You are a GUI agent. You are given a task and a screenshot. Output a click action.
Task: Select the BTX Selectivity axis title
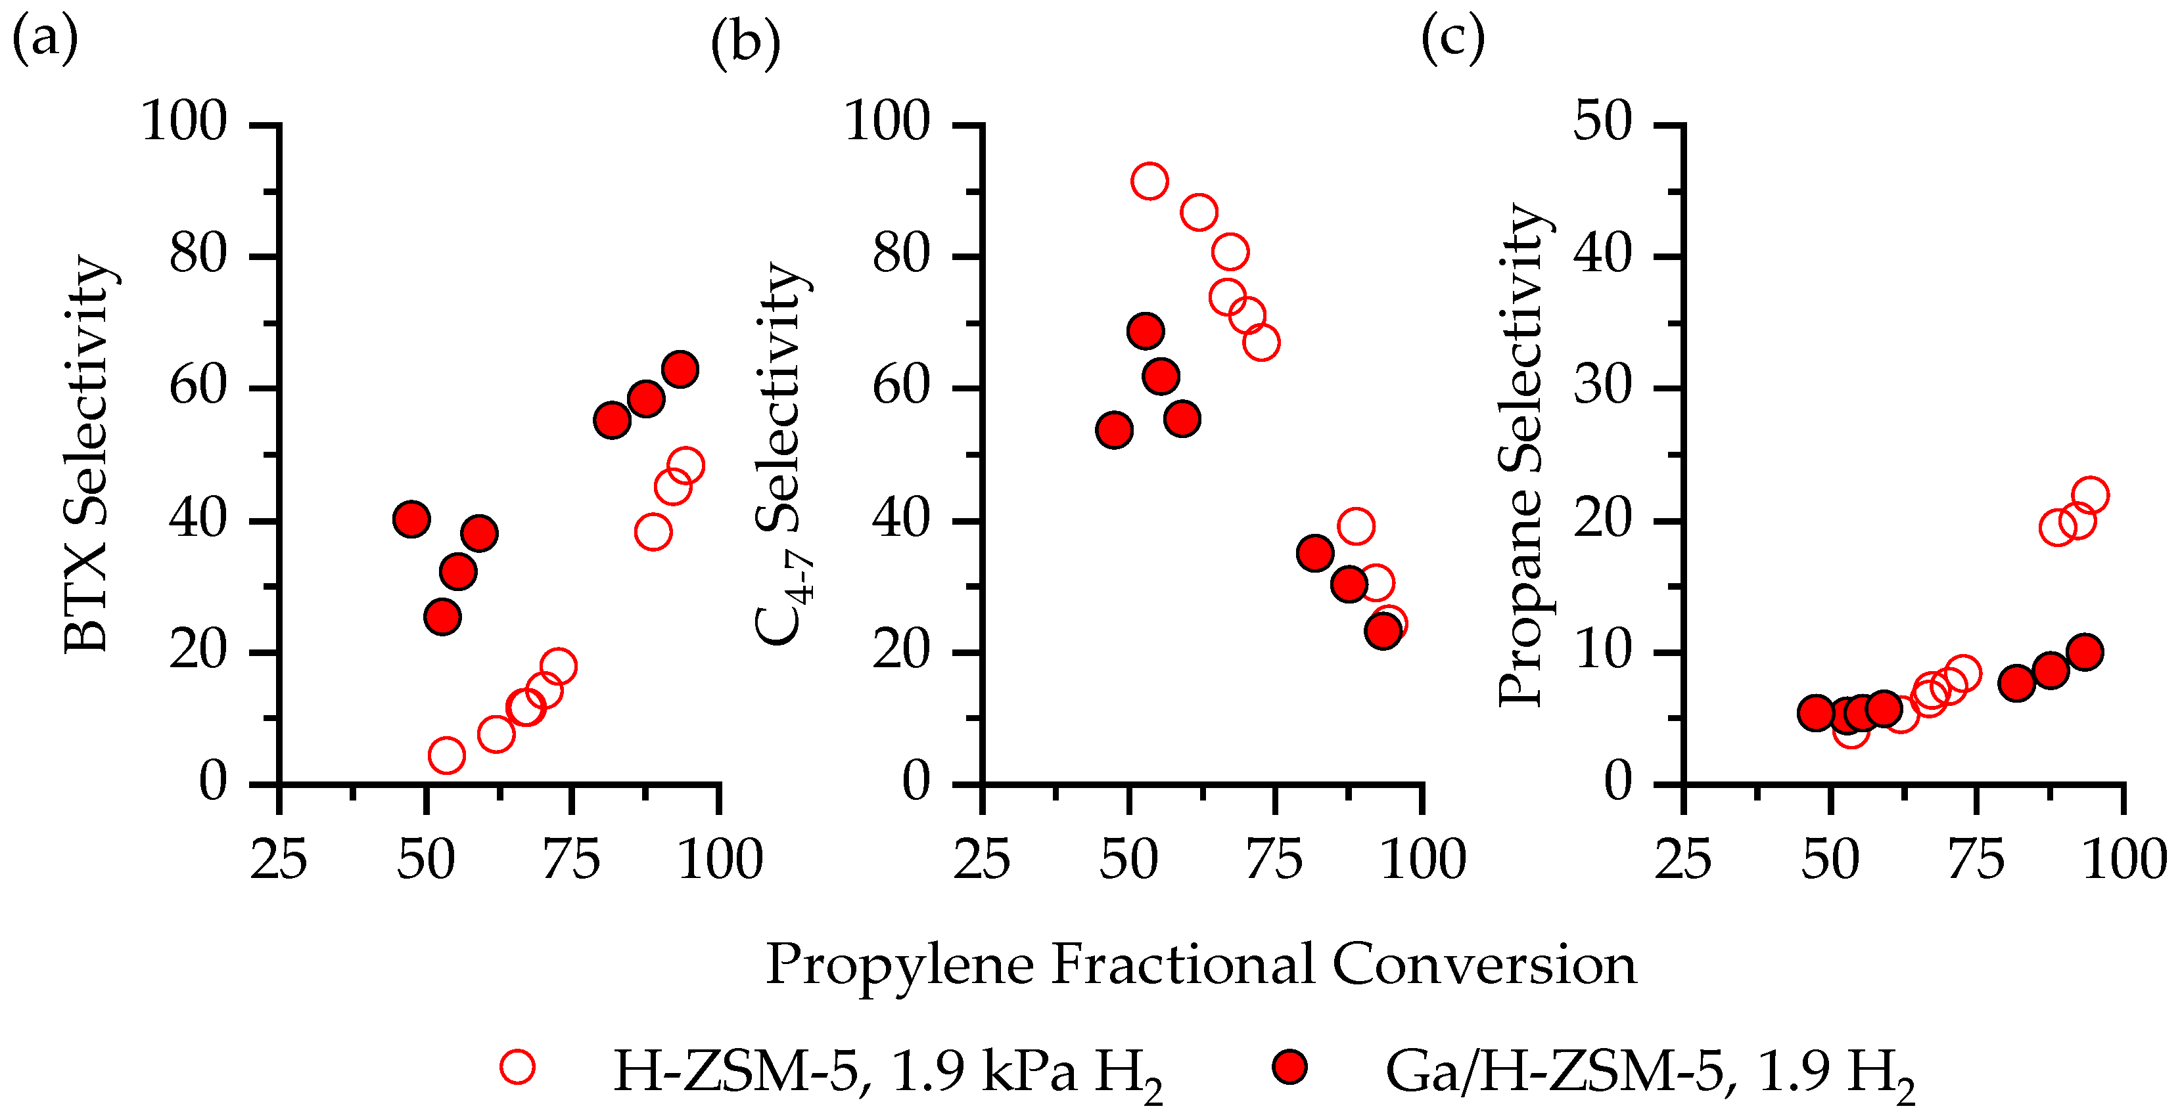(x=87, y=454)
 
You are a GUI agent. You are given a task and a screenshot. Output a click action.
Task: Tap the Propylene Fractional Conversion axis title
(x=1200, y=964)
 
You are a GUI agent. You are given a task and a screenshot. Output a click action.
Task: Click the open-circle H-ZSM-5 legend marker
(x=517, y=1066)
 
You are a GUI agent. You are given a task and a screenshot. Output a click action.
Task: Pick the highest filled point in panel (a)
(x=680, y=370)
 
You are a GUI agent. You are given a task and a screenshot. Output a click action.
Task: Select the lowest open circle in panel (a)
(x=446, y=755)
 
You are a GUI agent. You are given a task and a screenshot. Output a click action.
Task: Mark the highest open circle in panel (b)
(x=1149, y=181)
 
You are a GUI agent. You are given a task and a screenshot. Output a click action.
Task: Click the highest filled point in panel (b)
(x=1146, y=331)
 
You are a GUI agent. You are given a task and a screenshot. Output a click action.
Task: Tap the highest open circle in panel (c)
(x=2089, y=494)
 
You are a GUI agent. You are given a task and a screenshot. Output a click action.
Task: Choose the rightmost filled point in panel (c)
(x=2085, y=652)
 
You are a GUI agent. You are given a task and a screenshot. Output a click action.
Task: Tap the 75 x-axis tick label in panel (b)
(x=1275, y=860)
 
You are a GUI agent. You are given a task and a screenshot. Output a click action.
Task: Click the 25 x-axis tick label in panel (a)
(x=279, y=860)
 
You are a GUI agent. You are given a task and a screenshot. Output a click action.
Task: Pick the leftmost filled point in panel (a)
(x=411, y=519)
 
